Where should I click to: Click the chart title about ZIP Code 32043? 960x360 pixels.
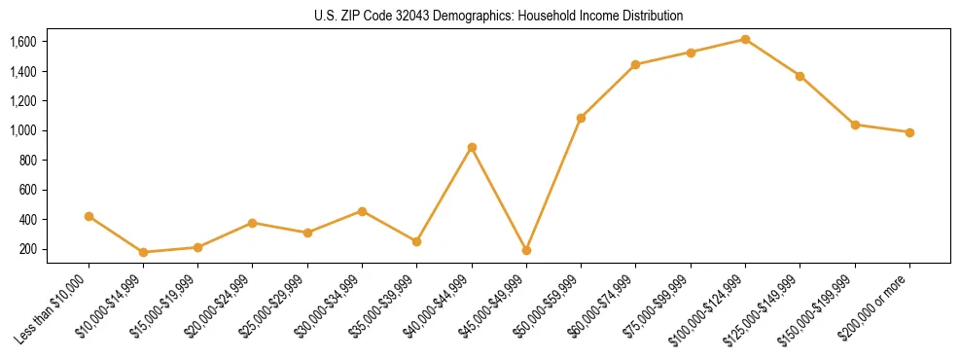(x=499, y=16)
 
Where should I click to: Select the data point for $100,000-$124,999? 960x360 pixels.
(x=745, y=40)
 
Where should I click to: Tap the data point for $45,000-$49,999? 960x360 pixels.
(x=526, y=250)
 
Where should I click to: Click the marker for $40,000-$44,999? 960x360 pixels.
(x=472, y=148)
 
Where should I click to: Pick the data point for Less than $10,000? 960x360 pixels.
(x=89, y=216)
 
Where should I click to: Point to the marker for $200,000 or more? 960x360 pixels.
(x=909, y=132)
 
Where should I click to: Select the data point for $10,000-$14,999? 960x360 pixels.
(x=143, y=252)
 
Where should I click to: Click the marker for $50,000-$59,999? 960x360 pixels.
(x=581, y=118)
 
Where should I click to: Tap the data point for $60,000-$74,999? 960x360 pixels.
(x=635, y=65)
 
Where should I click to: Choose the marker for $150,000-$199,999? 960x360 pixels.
(x=855, y=125)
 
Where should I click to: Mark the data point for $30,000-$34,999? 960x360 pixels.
(x=362, y=211)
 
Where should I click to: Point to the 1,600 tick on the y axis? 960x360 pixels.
(x=22, y=42)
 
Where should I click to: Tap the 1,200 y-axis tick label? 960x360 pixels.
(x=22, y=101)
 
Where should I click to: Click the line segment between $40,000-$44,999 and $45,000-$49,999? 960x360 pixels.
(x=499, y=199)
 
